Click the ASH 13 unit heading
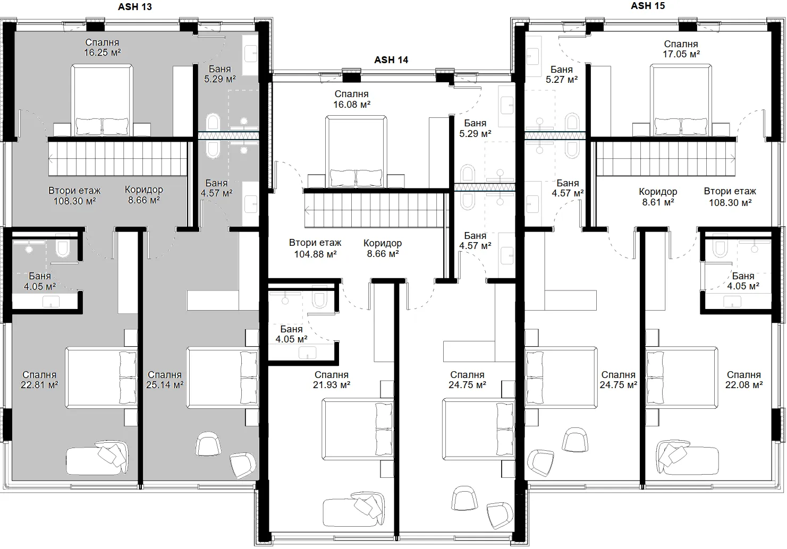[135, 7]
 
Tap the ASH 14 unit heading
[391, 59]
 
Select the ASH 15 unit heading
[648, 6]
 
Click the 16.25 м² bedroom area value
[102, 53]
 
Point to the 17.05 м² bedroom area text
[681, 54]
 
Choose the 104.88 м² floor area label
[315, 254]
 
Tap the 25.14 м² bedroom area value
[165, 385]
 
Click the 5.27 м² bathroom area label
[562, 80]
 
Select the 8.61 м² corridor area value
[658, 202]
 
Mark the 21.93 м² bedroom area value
[331, 385]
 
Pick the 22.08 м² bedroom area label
[744, 385]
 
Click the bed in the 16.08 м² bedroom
[356, 152]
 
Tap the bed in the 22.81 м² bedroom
[101, 378]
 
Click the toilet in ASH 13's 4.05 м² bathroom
[63, 244]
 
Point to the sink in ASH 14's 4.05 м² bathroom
[308, 353]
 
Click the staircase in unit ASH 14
[375, 210]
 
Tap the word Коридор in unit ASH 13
[143, 190]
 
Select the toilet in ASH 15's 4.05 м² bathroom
[720, 245]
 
